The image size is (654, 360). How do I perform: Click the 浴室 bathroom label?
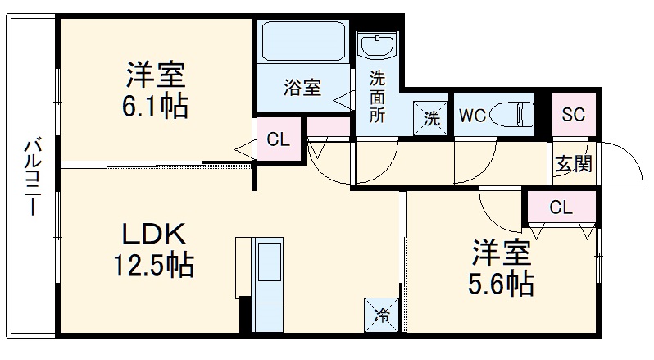(302, 88)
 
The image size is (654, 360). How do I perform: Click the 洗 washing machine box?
(430, 116)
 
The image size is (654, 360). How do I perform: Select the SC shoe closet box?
(573, 115)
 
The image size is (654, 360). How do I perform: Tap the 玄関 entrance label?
(573, 163)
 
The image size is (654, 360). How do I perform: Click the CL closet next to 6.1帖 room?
(279, 139)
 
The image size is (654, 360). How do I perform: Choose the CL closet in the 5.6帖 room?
(561, 207)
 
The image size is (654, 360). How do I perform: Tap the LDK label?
(155, 235)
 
